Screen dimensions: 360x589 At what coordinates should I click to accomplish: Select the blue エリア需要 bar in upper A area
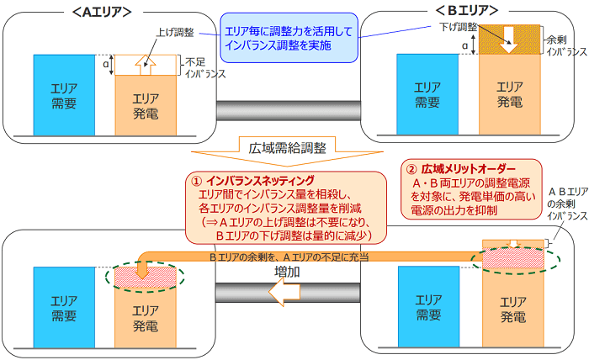pyautogui.click(x=63, y=95)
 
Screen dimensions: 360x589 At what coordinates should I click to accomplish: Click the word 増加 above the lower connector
pyautogui.click(x=288, y=273)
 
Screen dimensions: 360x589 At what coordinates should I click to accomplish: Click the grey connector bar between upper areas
pyautogui.click(x=287, y=109)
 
